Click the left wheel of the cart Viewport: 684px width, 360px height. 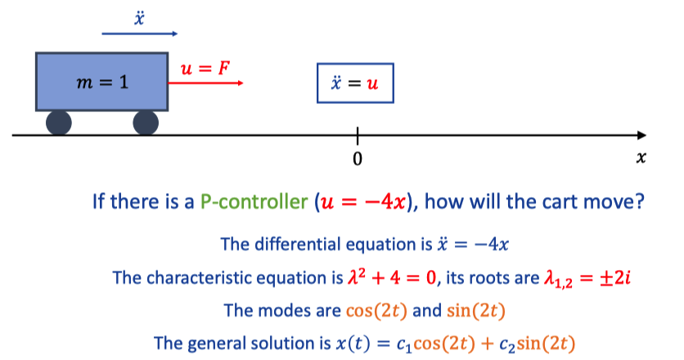coord(58,123)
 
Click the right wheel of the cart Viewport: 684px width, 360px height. coord(146,123)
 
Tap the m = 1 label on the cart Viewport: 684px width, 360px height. coord(102,82)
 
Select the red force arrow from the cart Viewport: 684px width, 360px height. coord(205,83)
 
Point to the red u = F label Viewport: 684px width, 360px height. coord(205,68)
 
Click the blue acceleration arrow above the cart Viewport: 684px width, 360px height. coord(140,34)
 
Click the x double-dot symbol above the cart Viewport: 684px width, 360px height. coord(139,18)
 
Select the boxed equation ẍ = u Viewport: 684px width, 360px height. coord(355,83)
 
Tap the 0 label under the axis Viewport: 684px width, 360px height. coord(358,159)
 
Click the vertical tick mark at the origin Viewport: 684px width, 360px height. coord(358,136)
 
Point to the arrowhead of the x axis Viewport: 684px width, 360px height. coord(641,135)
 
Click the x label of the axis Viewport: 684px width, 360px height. coord(641,157)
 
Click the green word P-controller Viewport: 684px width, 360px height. coord(254,201)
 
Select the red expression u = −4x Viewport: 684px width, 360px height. coord(363,202)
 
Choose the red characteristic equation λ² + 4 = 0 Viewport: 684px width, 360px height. coord(392,277)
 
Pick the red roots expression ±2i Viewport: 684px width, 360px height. coord(615,277)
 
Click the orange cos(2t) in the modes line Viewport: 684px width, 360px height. coord(376,311)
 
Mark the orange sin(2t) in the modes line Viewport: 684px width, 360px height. coord(476,311)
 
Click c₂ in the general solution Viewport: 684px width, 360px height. coord(507,344)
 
